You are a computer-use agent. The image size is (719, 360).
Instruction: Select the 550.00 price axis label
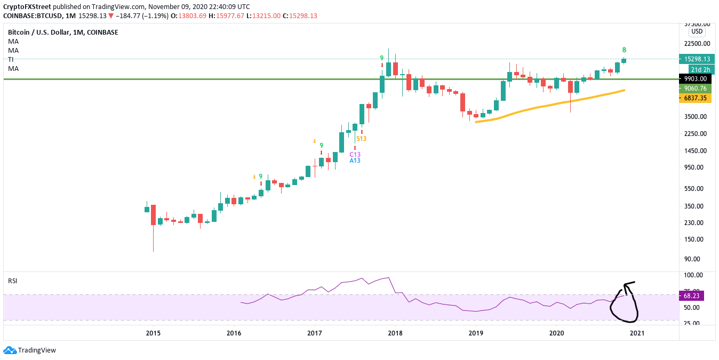point(694,189)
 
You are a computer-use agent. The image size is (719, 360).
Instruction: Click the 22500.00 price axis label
point(697,44)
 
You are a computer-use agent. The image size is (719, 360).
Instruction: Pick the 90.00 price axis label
point(693,259)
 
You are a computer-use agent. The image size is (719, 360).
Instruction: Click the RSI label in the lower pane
point(12,281)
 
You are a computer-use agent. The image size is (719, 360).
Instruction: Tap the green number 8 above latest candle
point(625,50)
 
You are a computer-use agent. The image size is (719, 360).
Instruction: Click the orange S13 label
point(362,139)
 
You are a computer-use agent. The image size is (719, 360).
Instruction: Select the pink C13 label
point(355,154)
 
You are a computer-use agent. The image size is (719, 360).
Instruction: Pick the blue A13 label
point(355,161)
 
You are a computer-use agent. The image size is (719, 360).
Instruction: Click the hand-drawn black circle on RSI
point(625,304)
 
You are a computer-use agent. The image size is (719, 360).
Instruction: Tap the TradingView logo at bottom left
point(30,350)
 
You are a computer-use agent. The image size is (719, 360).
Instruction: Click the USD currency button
point(697,31)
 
